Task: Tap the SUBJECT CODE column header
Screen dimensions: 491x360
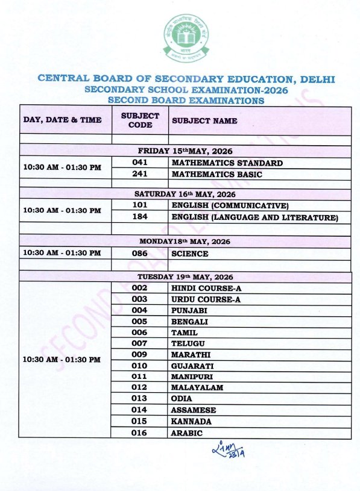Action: coord(140,120)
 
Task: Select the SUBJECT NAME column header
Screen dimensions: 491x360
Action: coord(204,120)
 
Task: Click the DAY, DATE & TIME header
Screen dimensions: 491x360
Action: coord(62,120)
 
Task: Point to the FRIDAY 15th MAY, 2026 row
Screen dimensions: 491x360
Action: coord(185,151)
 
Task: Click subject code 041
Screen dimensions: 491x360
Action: coord(140,163)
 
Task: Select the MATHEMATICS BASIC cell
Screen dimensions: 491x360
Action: coord(216,175)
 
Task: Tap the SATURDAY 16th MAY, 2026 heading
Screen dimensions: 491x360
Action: coord(185,194)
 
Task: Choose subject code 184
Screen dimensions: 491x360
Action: coord(140,217)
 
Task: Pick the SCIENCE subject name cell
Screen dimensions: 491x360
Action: coord(189,254)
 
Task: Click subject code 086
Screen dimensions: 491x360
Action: coord(140,254)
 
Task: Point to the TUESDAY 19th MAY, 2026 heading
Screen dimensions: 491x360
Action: coord(185,277)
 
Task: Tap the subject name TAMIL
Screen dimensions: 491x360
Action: coord(185,332)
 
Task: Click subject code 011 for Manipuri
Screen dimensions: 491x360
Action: coord(140,376)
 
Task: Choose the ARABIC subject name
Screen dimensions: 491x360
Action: coord(187,433)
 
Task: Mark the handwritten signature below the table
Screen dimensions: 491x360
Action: coord(230,449)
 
